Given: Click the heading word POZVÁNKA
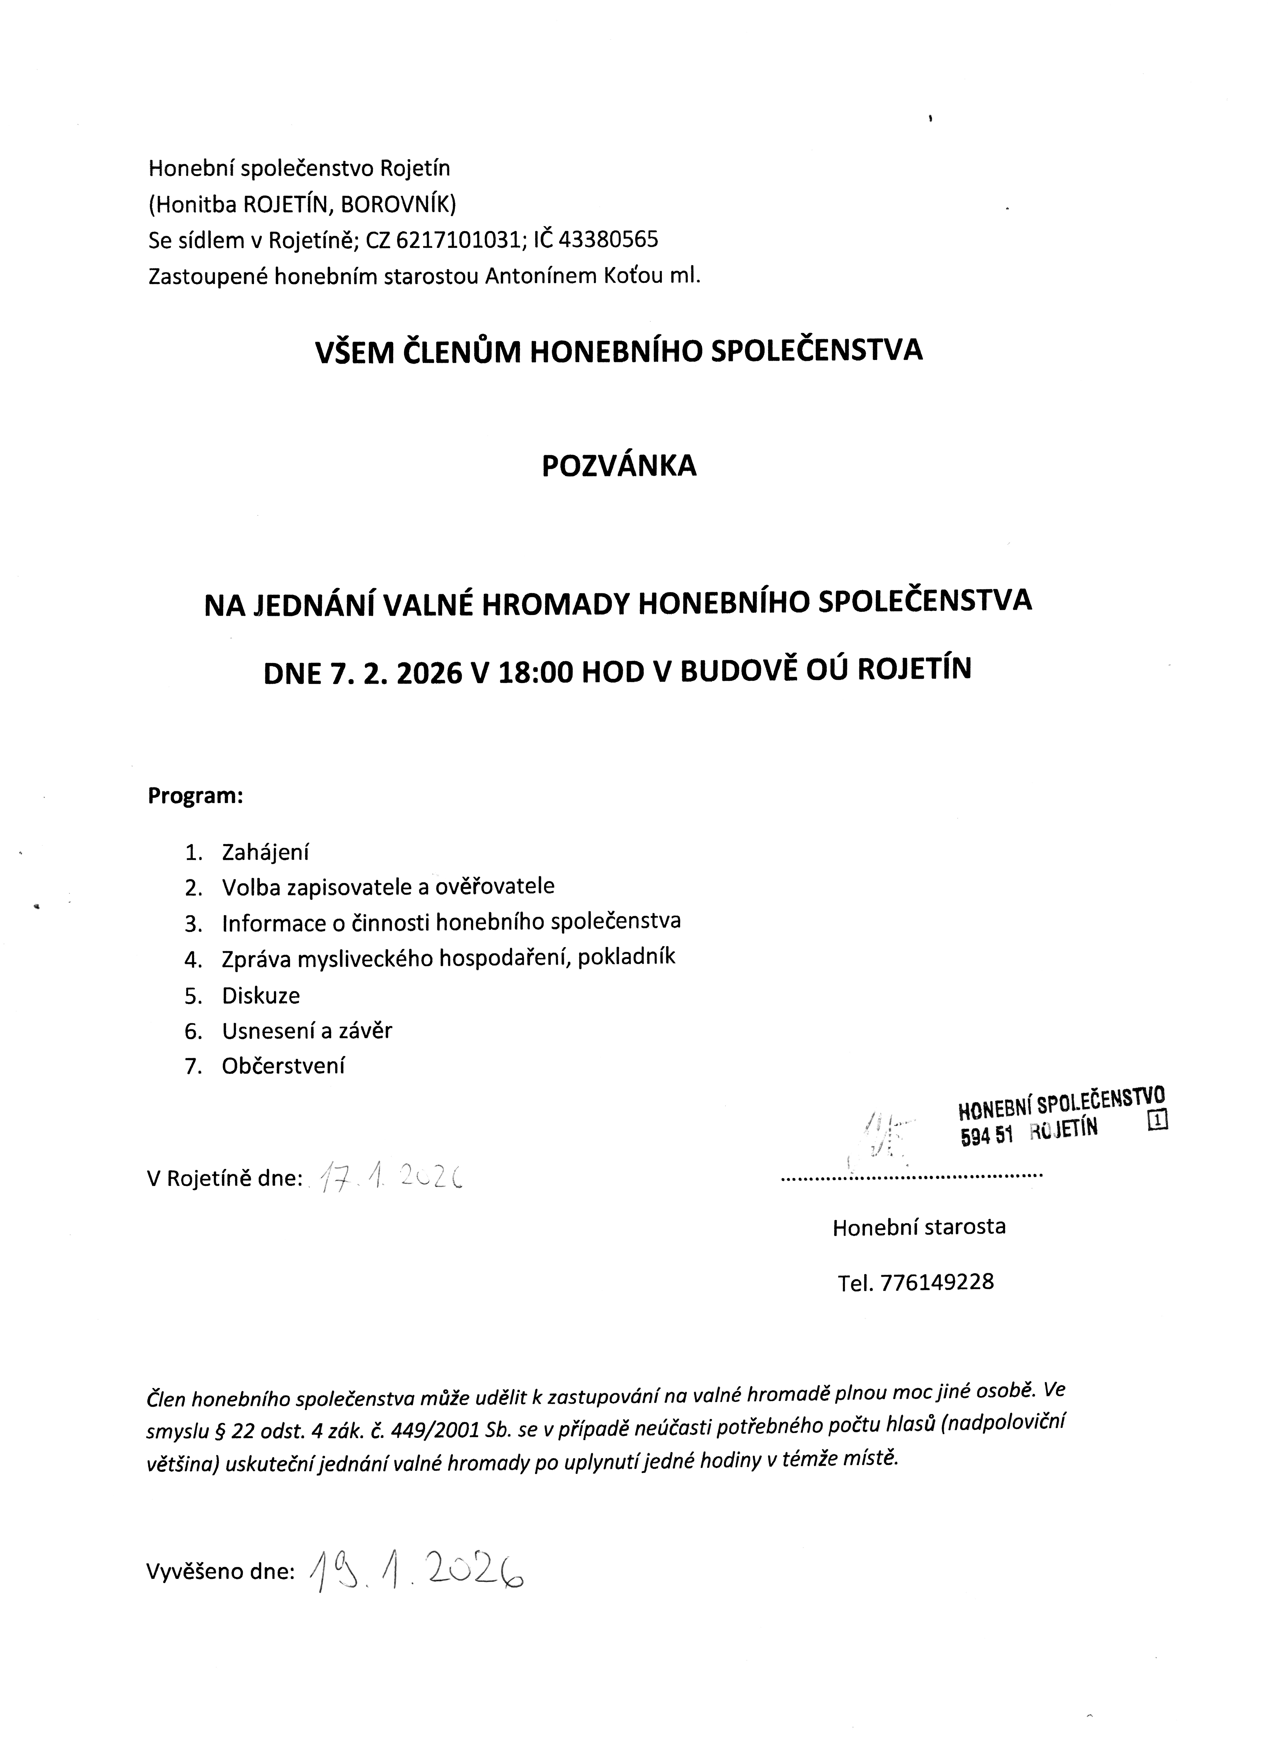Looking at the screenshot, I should tap(619, 466).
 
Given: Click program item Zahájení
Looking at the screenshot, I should tap(265, 852).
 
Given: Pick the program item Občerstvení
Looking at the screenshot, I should tap(283, 1066).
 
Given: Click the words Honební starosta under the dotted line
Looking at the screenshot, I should tap(918, 1226).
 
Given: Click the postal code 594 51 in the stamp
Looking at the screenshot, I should tap(986, 1137).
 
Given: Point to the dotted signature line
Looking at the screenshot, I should tap(912, 1176).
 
